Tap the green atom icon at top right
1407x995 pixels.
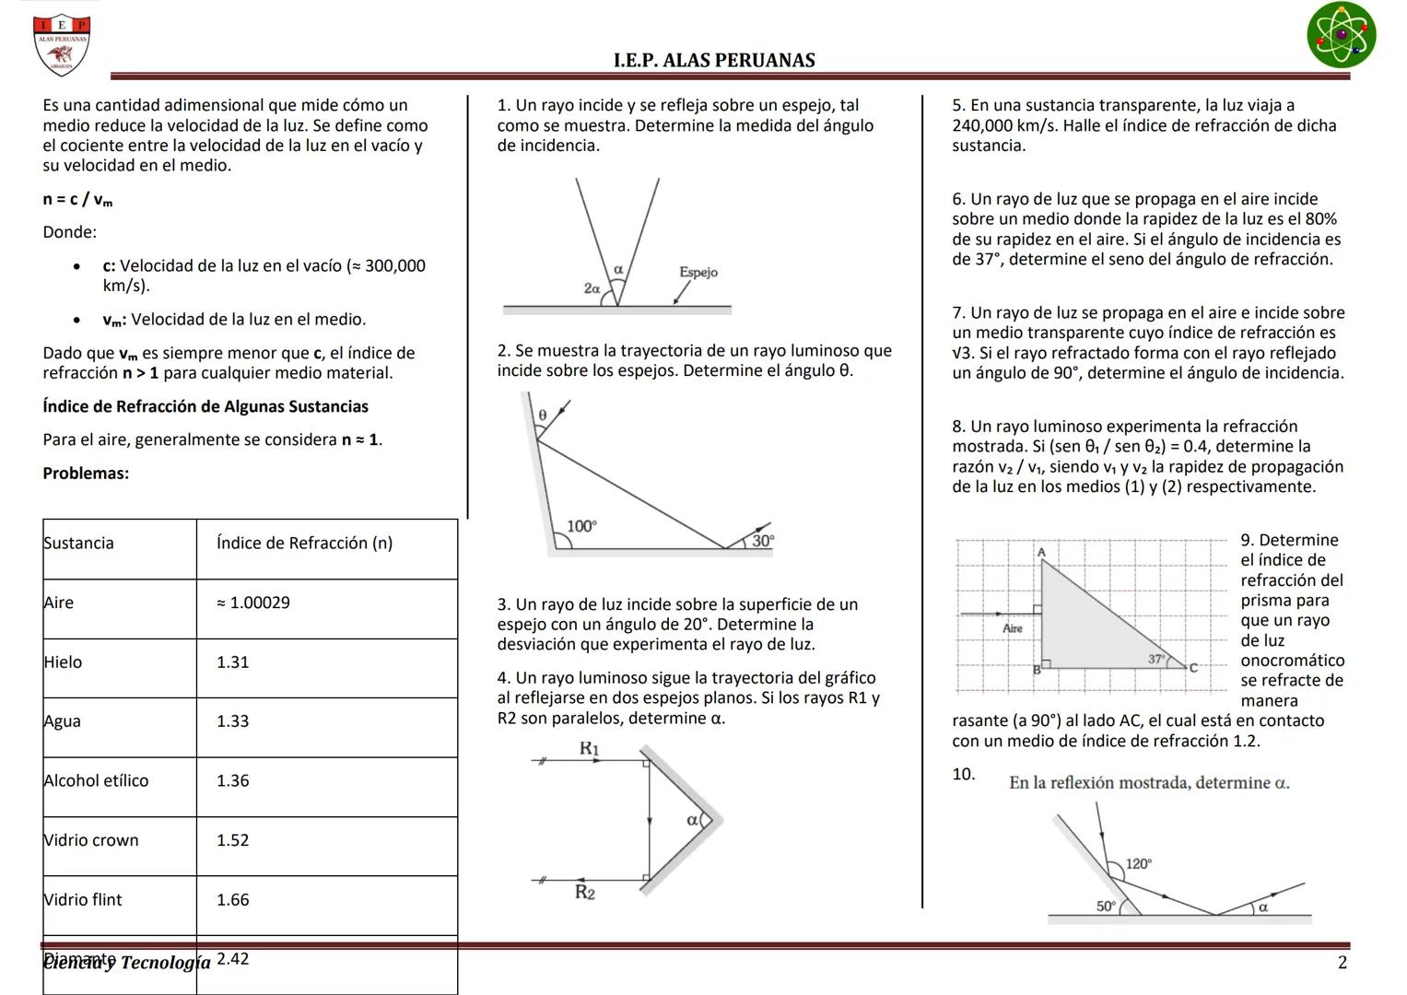[x=1341, y=35]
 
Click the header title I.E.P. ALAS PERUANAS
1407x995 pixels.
[x=714, y=61]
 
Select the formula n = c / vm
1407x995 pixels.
[x=77, y=199]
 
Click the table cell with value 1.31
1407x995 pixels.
[x=233, y=662]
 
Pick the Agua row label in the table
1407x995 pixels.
[x=63, y=721]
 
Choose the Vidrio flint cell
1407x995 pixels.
[x=83, y=899]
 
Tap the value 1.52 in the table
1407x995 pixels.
[x=233, y=840]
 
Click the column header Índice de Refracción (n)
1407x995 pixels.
[x=304, y=544]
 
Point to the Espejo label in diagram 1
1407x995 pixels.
[x=698, y=272]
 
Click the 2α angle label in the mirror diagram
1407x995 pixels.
[x=592, y=288]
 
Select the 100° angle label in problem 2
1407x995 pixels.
[x=581, y=526]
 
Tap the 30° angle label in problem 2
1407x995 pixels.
[x=763, y=541]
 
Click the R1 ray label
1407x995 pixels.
[x=589, y=748]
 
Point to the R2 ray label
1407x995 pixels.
[x=585, y=892]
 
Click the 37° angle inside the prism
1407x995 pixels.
[x=1155, y=659]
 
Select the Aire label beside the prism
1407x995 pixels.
[x=1013, y=628]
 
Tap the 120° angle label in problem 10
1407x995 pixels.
[x=1138, y=863]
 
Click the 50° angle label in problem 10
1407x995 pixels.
[x=1106, y=907]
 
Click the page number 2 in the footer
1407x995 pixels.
[x=1342, y=963]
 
